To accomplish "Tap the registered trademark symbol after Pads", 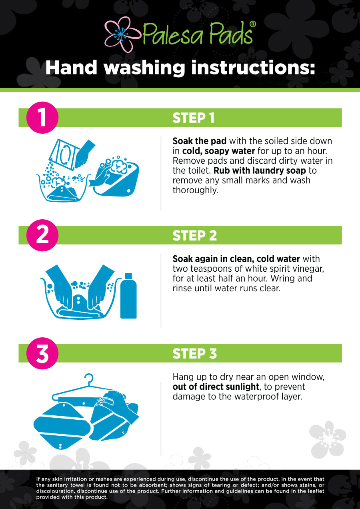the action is [252, 24].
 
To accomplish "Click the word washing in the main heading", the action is [144, 68].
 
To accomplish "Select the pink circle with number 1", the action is [42, 118].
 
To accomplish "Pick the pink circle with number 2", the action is [42, 235].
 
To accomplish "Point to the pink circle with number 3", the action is [42, 353].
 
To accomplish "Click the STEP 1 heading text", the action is [194, 118].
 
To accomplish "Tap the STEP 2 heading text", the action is [195, 236].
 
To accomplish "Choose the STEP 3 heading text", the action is [195, 354].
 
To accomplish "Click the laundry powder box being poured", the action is [64, 154].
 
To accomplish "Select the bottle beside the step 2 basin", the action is [128, 295].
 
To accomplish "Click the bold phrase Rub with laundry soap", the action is [260, 170].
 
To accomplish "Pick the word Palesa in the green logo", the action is [173, 33].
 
